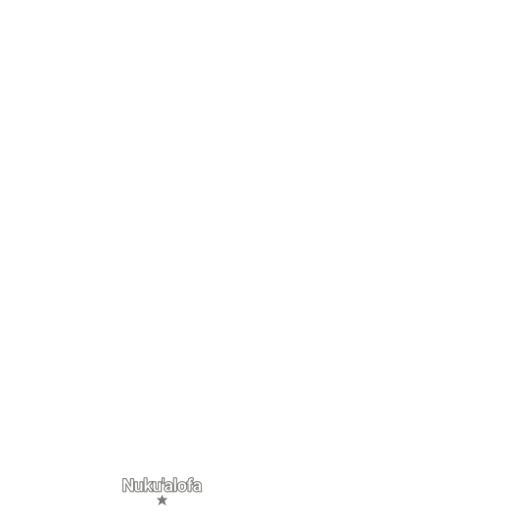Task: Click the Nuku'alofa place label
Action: click(x=162, y=485)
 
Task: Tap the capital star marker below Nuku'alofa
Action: click(x=162, y=501)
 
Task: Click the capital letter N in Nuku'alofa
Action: click(x=128, y=485)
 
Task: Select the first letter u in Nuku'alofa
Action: click(x=140, y=487)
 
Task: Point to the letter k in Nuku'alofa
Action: click(x=149, y=485)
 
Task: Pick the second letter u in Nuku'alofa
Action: click(x=158, y=487)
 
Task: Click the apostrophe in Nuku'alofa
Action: click(x=164, y=480)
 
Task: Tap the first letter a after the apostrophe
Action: click(x=168, y=487)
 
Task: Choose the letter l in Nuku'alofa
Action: click(x=175, y=485)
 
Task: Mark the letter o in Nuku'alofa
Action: click(x=182, y=487)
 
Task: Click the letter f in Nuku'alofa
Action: click(x=190, y=485)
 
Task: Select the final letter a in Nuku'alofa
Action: click(x=198, y=487)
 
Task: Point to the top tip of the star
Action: click(x=162, y=495)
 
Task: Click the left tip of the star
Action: click(x=157, y=499)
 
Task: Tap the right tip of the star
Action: click(x=168, y=499)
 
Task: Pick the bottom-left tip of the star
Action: click(x=159, y=505)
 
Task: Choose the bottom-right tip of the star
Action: click(x=166, y=505)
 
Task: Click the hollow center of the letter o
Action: click(x=182, y=487)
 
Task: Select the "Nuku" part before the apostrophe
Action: click(x=142, y=485)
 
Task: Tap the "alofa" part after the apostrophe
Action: click(x=183, y=485)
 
